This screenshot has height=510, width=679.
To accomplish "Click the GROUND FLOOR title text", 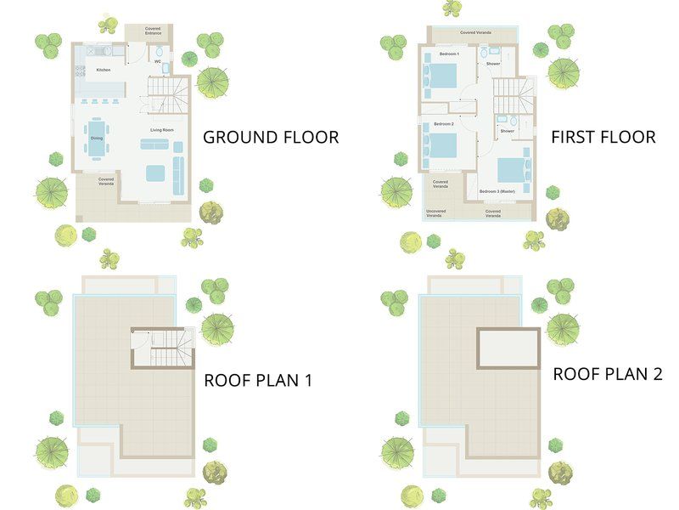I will [x=270, y=137].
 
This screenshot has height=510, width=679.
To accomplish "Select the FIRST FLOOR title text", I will [x=603, y=137].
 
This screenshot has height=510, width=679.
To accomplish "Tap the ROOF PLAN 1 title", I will [x=258, y=380].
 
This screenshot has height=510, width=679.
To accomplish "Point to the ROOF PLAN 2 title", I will [x=607, y=373].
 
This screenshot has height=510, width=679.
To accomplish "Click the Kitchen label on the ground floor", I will [x=103, y=70].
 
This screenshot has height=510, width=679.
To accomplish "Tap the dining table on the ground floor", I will [x=96, y=138].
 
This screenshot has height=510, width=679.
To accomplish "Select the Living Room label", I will [x=162, y=129].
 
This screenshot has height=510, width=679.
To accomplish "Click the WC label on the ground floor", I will [x=158, y=61].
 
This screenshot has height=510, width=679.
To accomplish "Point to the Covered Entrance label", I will [x=152, y=31].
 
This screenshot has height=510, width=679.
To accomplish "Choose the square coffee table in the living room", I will [x=154, y=173].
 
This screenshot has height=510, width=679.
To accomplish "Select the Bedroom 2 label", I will [x=444, y=124].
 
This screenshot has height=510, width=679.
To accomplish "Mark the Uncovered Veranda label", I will [x=435, y=214].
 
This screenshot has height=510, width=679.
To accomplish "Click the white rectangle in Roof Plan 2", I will [x=508, y=348].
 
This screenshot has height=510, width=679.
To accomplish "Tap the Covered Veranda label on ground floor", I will [x=106, y=181].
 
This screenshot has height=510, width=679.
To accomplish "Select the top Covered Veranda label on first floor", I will [x=480, y=32].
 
